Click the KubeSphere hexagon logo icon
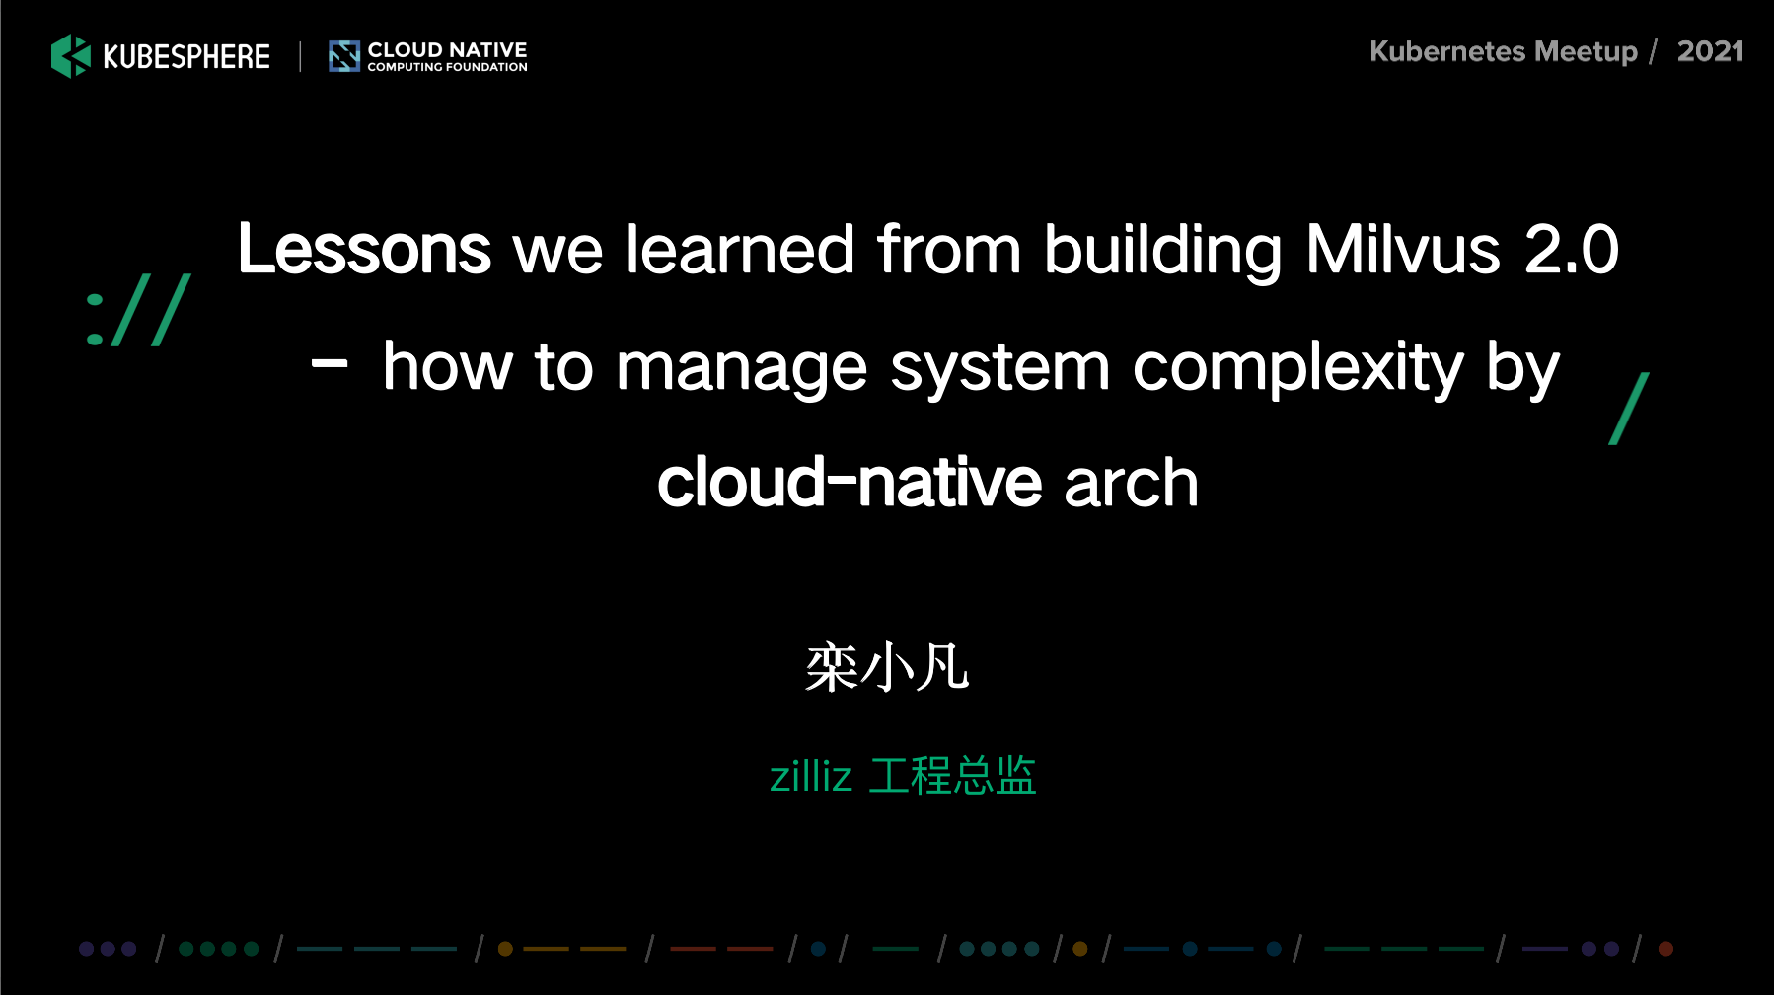click(x=71, y=55)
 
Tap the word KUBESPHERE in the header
click(x=186, y=56)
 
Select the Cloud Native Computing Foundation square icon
click(x=344, y=56)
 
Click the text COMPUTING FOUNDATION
click(x=448, y=67)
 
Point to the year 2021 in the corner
click(x=1711, y=51)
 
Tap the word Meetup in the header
click(x=1587, y=52)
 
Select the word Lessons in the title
click(x=364, y=249)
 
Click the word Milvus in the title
click(x=1403, y=249)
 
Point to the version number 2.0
click(x=1572, y=249)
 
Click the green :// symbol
click(x=138, y=310)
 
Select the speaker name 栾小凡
click(x=887, y=666)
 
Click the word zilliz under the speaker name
click(x=810, y=776)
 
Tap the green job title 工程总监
click(x=952, y=776)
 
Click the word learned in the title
click(x=740, y=249)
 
